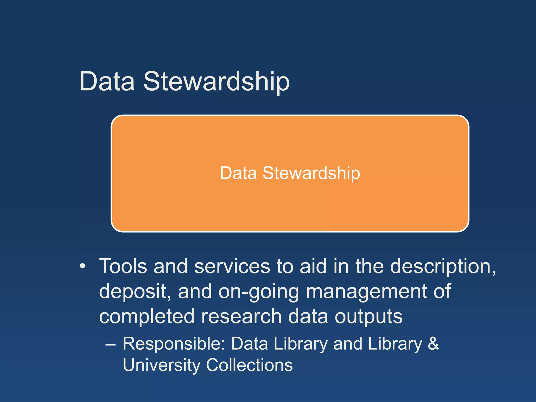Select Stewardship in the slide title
[216, 82]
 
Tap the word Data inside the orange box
[238, 173]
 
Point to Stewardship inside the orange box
[311, 174]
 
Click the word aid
[313, 266]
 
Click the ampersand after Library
[433, 344]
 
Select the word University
[161, 365]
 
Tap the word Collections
[249, 365]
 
